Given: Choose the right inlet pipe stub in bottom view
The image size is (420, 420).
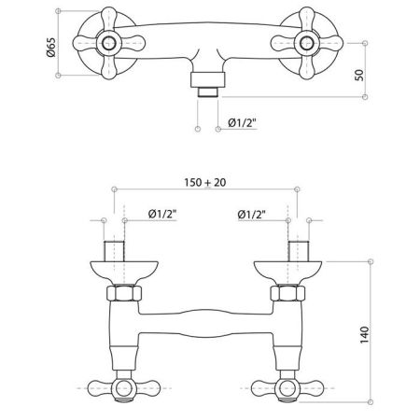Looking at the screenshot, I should tap(298, 251).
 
